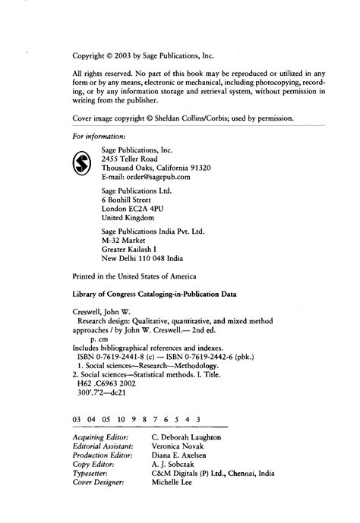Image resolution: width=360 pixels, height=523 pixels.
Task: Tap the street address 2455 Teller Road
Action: click(130, 159)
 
